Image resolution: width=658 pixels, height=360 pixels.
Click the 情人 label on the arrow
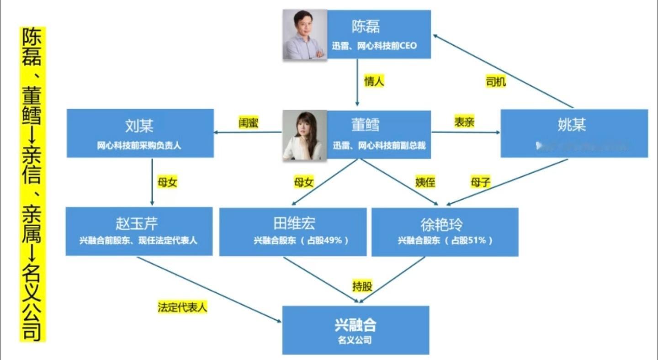(x=374, y=81)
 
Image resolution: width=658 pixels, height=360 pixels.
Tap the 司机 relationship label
(x=495, y=81)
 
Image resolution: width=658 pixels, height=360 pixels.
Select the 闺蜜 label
(x=249, y=122)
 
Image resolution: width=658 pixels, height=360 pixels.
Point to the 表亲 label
(x=464, y=122)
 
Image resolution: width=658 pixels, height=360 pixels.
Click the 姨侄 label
(x=425, y=182)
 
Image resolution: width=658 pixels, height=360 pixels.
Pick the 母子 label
(x=480, y=183)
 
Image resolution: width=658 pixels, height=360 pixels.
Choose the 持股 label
(x=362, y=286)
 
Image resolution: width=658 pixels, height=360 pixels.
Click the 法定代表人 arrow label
(x=182, y=307)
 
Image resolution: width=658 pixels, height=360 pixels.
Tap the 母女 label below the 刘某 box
(x=167, y=182)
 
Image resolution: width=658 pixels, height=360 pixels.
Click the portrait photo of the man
(x=305, y=34)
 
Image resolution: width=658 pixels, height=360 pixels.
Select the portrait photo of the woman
(x=305, y=135)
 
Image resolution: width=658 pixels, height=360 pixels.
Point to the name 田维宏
(x=294, y=224)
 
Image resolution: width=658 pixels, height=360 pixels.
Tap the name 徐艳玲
(x=441, y=225)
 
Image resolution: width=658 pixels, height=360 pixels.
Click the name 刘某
(x=139, y=125)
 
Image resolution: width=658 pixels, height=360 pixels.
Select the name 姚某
(x=572, y=125)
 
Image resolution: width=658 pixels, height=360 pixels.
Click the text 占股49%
(x=325, y=240)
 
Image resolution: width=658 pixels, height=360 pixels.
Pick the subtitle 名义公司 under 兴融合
(x=355, y=340)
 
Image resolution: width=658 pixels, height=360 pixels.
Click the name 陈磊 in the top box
(x=366, y=27)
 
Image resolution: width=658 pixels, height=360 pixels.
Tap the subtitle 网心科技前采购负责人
(x=139, y=146)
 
